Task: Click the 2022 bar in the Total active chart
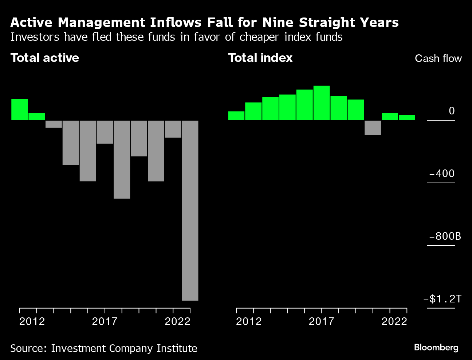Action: coord(190,210)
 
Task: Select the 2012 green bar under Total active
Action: coord(19,109)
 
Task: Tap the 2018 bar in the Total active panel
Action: coord(122,159)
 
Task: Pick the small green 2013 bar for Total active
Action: coord(36,117)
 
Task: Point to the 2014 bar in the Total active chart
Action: coord(54,124)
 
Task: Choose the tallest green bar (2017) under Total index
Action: coord(322,103)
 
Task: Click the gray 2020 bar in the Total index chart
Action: coord(373,128)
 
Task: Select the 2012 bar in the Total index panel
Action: coord(236,116)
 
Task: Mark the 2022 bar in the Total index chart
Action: coord(407,117)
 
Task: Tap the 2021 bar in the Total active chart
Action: coord(173,129)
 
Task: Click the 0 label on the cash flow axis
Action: coord(452,111)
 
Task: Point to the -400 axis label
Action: coord(442,173)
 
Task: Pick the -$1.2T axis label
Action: coord(442,299)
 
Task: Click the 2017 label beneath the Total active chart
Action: coord(105,321)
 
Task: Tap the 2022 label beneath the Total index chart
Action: coord(394,321)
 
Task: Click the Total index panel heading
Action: coord(260,58)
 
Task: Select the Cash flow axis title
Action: coord(438,59)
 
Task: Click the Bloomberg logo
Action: coord(436,348)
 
